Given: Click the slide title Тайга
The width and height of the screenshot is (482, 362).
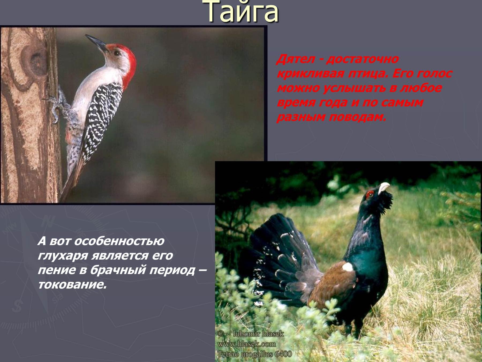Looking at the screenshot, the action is pyautogui.click(x=243, y=12).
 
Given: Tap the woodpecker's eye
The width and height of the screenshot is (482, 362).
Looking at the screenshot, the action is pyautogui.click(x=117, y=53).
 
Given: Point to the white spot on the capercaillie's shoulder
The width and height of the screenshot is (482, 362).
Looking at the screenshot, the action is pyautogui.click(x=347, y=267).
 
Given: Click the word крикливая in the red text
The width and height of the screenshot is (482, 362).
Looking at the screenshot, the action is pyautogui.click(x=311, y=73).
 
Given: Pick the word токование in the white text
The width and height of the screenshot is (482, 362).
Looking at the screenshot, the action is pyautogui.click(x=72, y=285).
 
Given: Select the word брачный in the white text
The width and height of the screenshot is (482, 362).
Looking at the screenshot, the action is pyautogui.click(x=119, y=270).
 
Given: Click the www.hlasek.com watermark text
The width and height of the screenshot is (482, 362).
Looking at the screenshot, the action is pyautogui.click(x=246, y=344).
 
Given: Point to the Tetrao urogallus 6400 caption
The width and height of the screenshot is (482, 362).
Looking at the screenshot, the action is pyautogui.click(x=254, y=354).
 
